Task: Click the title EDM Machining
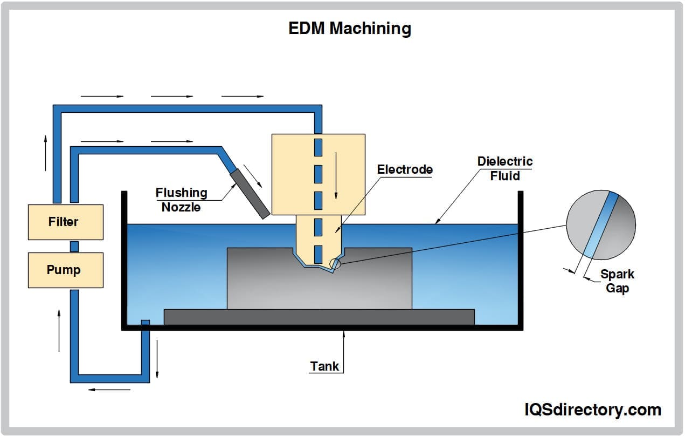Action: [x=350, y=28]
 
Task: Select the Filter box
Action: [x=65, y=222]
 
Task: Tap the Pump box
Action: [x=65, y=270]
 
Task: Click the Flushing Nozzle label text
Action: [x=182, y=200]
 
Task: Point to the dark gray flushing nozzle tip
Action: [x=250, y=194]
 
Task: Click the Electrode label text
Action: [x=405, y=169]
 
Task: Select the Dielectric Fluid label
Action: [x=504, y=168]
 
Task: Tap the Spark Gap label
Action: [x=617, y=281]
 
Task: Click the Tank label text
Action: [x=324, y=366]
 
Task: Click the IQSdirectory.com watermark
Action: [x=593, y=410]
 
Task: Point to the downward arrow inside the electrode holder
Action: [x=335, y=175]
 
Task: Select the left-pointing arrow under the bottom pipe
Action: [x=109, y=390]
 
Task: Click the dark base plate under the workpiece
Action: [x=319, y=317]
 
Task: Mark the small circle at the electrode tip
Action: [x=335, y=263]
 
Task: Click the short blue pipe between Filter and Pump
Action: [x=74, y=246]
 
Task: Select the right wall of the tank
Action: [x=521, y=259]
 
